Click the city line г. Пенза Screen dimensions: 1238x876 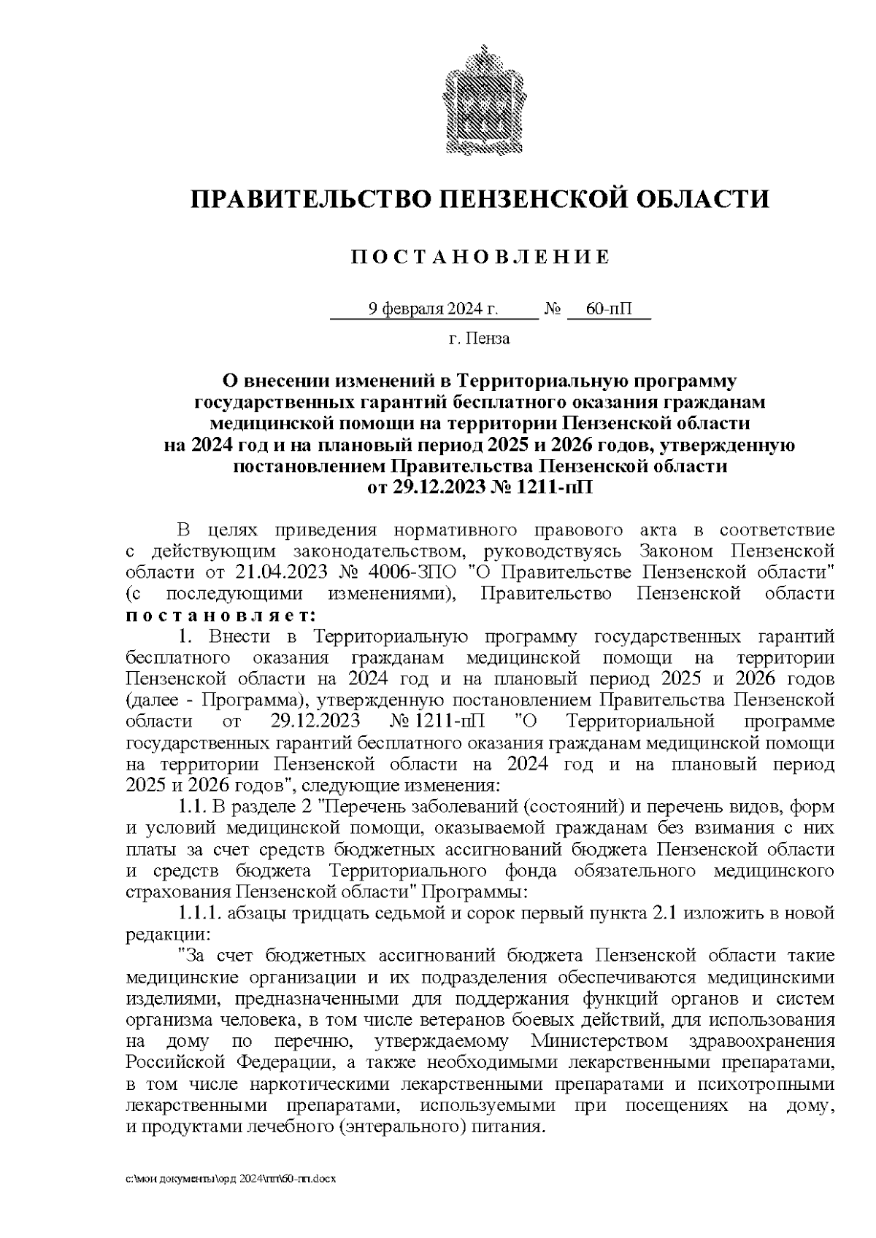tap(479, 338)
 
